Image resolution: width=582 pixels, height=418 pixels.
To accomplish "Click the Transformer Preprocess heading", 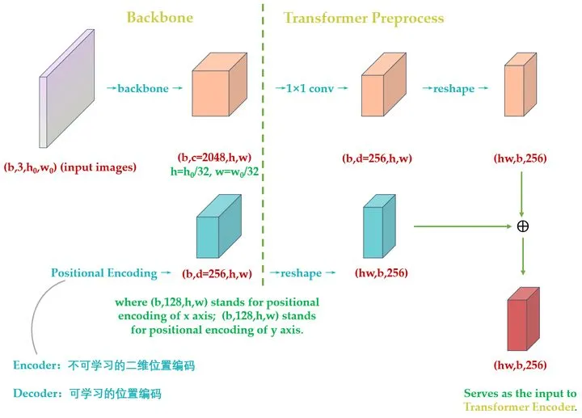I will (364, 17).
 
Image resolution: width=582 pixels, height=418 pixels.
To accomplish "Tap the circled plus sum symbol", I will (522, 226).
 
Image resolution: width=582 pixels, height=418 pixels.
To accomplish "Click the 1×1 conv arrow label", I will (311, 88).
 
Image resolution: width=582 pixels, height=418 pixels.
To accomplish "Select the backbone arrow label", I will (143, 88).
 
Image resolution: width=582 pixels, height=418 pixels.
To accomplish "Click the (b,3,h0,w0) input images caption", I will (70, 167).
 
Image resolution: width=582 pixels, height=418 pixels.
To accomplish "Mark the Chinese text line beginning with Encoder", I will (104, 365).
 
